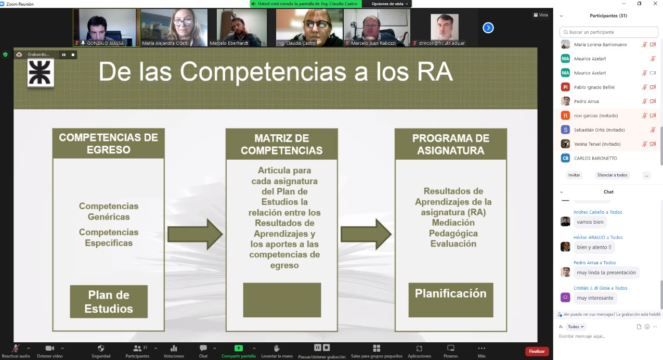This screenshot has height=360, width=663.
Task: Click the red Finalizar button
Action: pos(537,351)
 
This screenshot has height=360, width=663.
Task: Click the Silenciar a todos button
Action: pos(612,175)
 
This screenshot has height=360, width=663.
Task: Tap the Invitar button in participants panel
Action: pos(574,175)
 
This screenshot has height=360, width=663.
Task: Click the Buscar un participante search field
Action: pos(609,32)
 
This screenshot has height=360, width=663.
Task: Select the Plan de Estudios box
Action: pos(109,301)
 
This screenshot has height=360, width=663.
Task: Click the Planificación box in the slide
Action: pos(451,300)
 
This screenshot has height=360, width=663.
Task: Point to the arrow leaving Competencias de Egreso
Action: pos(195,234)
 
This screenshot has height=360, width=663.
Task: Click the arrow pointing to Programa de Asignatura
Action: pos(366,234)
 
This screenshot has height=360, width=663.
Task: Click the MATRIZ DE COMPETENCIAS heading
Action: pos(281,144)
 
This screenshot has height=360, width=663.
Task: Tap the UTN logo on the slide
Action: pos(41,72)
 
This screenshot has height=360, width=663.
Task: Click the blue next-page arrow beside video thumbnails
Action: pos(488,28)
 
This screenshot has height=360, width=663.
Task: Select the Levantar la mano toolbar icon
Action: pos(277,348)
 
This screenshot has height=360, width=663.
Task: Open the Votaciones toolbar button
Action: pos(174,351)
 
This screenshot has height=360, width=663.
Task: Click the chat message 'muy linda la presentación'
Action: pos(606,273)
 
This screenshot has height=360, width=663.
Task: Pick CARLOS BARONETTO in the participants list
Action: pos(595,158)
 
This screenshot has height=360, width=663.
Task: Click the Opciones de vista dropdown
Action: pos(389,4)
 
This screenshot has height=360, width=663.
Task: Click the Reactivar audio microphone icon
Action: pos(16,348)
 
